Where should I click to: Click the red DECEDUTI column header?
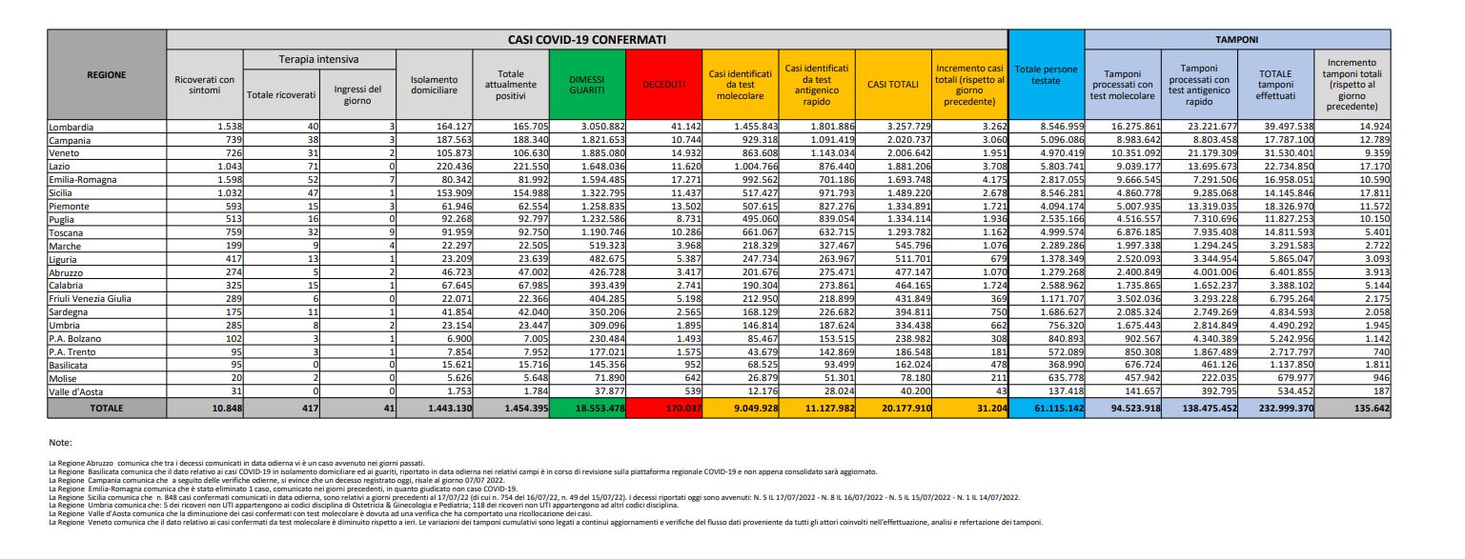(x=664, y=85)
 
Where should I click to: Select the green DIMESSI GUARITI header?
(x=587, y=85)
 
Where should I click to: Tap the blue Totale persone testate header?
(x=1046, y=75)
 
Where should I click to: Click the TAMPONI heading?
(x=1235, y=40)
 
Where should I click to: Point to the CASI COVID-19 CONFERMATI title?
(x=587, y=40)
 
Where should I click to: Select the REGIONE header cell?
(x=106, y=74)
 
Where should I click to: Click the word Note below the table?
(x=59, y=442)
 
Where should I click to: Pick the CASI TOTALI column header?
(x=892, y=85)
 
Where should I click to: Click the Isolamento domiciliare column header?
(x=435, y=85)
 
